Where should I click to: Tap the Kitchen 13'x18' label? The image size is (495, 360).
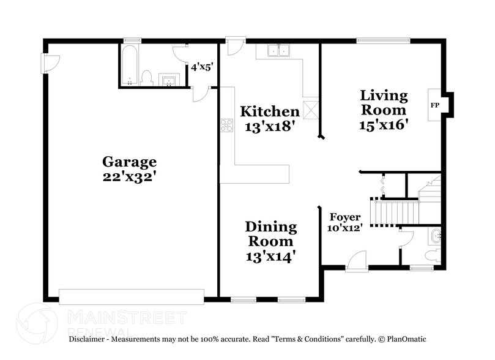pyautogui.click(x=269, y=119)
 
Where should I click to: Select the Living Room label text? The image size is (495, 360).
pyautogui.click(x=384, y=110)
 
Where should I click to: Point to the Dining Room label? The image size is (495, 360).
pyautogui.click(x=270, y=241)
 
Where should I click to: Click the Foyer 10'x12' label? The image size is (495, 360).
pyautogui.click(x=346, y=222)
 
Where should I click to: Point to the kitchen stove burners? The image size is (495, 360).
pyautogui.click(x=226, y=126)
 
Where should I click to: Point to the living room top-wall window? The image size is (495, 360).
pyautogui.click(x=384, y=41)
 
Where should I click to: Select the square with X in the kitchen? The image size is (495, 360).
pyautogui.click(x=311, y=110)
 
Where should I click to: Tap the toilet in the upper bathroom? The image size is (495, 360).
pyautogui.click(x=146, y=77)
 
